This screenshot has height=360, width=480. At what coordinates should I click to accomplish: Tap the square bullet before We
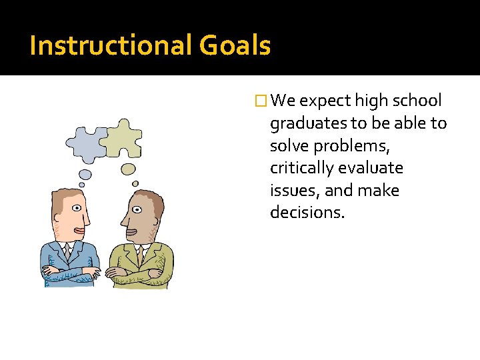point(262,101)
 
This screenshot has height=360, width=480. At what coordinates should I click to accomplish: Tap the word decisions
point(307,213)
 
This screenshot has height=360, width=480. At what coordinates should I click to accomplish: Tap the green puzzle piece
point(124,137)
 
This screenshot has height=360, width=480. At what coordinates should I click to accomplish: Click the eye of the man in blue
point(77,209)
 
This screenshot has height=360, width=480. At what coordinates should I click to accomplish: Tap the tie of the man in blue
point(67,252)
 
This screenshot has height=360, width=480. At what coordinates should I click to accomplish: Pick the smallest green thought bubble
point(135,183)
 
